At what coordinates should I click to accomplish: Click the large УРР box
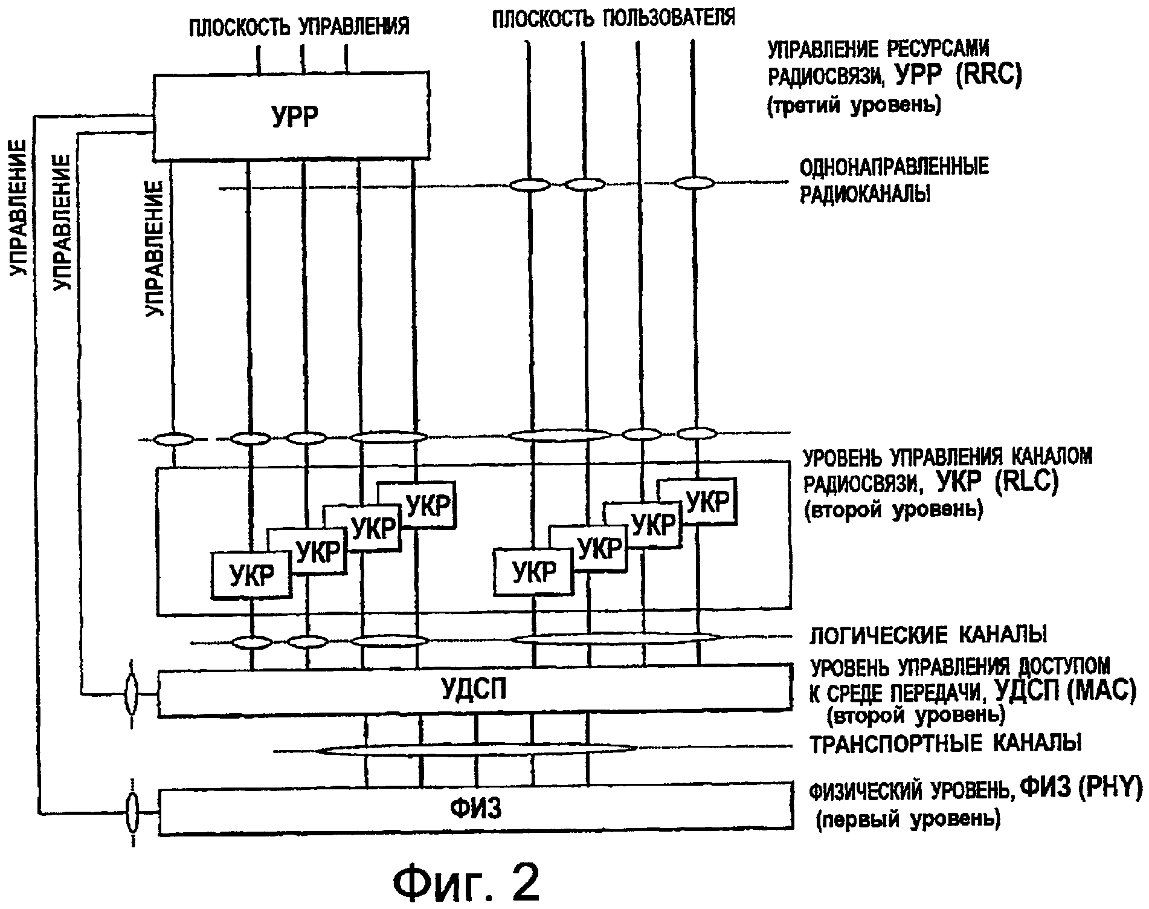pyautogui.click(x=292, y=117)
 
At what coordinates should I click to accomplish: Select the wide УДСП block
pyautogui.click(x=474, y=691)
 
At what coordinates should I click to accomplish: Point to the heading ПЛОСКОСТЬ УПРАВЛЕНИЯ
pyautogui.click(x=299, y=27)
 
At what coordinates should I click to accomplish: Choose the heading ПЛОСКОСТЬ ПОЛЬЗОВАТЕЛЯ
pyautogui.click(x=614, y=18)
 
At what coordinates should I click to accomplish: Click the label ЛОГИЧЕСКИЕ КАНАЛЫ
pyautogui.click(x=928, y=635)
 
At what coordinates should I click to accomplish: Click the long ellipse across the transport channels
pyautogui.click(x=477, y=750)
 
